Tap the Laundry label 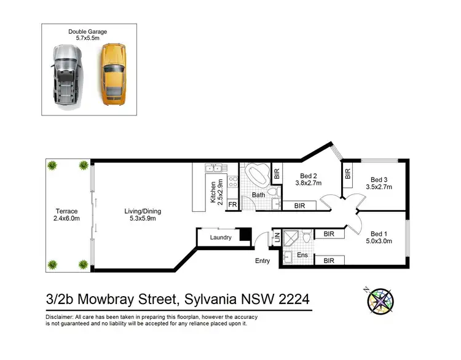(x=220, y=237)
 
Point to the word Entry (x=262, y=261)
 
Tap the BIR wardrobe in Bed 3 (x=348, y=174)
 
